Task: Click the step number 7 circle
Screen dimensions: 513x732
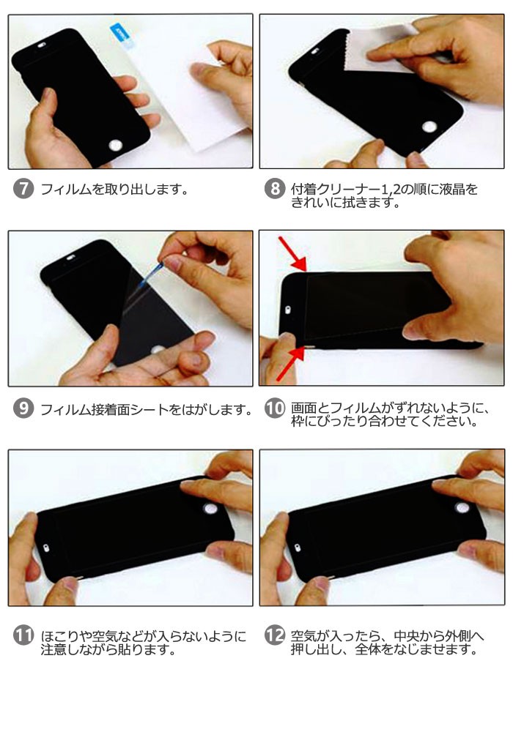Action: click(x=23, y=189)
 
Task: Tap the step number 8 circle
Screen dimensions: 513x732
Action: click(x=275, y=189)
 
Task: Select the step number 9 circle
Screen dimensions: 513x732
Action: click(x=23, y=408)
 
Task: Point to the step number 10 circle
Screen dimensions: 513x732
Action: click(x=275, y=408)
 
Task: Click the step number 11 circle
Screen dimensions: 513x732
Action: click(x=23, y=635)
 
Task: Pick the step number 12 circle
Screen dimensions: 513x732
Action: click(x=275, y=635)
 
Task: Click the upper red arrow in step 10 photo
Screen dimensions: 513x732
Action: click(x=292, y=254)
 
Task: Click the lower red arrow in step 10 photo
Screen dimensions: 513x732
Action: click(x=290, y=364)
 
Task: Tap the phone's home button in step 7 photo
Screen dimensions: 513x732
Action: click(x=115, y=145)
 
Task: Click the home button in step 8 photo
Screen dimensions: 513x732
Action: click(x=429, y=127)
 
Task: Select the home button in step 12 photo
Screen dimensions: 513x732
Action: click(x=462, y=508)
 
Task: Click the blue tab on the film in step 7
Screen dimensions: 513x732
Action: click(x=122, y=37)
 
